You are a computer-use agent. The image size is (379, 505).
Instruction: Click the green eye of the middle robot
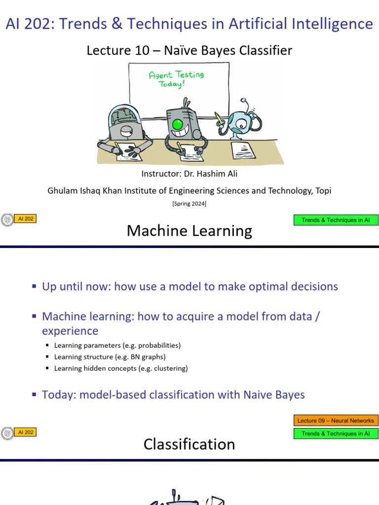click(178, 124)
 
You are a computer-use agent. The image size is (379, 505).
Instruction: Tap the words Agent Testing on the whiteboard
click(176, 75)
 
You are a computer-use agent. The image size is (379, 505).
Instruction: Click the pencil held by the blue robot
click(218, 119)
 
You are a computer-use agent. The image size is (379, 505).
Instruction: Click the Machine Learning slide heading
click(189, 230)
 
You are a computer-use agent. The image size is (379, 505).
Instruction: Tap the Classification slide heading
click(189, 444)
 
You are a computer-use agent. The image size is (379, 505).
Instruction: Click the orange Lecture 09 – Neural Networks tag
click(336, 421)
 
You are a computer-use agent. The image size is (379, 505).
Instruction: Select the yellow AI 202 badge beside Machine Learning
click(25, 218)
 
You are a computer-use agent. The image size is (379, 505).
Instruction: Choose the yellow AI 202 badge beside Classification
click(25, 432)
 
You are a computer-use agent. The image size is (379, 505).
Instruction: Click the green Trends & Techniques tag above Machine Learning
click(336, 220)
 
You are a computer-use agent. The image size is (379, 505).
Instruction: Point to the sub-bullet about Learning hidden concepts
click(121, 368)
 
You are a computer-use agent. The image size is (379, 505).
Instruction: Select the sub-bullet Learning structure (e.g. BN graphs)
click(110, 357)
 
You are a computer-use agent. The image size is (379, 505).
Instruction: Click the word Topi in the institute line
click(323, 190)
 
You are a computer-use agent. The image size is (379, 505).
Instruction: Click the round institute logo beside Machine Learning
click(7, 220)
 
